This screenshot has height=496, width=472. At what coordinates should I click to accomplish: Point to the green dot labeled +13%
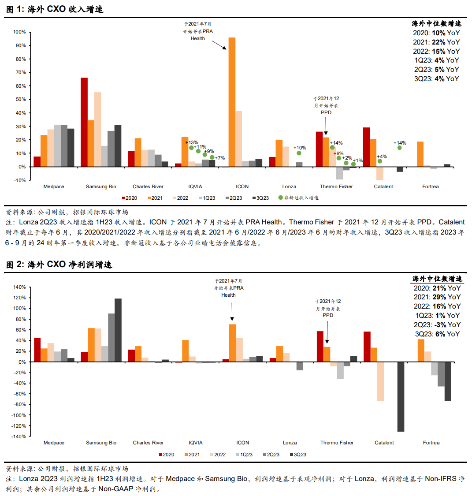tap(192, 148)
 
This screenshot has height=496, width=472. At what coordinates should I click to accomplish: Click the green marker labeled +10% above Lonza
tap(299, 153)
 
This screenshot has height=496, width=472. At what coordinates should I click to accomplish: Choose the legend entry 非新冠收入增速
tap(298, 198)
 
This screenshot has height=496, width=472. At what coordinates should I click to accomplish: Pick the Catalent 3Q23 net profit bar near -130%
tap(401, 397)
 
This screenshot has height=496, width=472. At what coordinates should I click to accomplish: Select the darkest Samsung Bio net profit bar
tap(118, 330)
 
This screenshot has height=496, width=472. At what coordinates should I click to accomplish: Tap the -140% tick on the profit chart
tap(19, 436)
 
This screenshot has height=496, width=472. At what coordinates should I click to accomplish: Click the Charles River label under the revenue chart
tap(148, 186)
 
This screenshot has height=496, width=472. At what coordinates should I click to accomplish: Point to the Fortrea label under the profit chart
tap(431, 443)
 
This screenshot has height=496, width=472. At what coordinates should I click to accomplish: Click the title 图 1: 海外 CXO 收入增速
tap(55, 9)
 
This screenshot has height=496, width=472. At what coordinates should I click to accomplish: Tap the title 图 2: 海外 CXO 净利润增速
tap(59, 265)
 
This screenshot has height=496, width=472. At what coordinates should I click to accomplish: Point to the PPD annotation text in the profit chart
tap(328, 315)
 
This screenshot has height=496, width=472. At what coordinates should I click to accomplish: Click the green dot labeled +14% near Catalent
tap(399, 148)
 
